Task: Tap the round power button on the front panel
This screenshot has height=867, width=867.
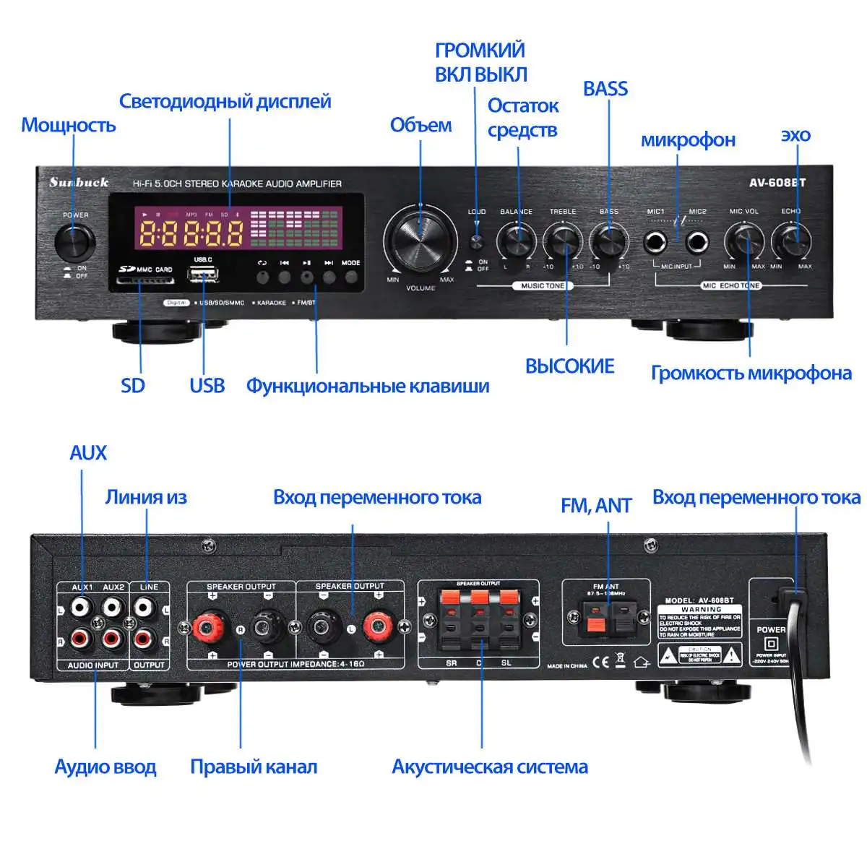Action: point(75,241)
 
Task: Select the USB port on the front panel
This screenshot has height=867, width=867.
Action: point(203,275)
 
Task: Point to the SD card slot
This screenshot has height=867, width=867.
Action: point(145,279)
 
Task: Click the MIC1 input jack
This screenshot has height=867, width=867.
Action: point(656,242)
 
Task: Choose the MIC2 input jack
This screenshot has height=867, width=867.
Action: point(696,242)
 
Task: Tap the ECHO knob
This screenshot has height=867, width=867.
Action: point(791,240)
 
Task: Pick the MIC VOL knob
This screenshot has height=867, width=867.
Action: point(744,240)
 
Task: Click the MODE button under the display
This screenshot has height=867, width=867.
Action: point(351,276)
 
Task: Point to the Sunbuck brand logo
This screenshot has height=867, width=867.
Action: point(79,182)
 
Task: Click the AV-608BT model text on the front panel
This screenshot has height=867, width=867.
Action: point(777,183)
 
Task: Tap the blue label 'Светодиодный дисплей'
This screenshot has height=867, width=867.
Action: point(225,101)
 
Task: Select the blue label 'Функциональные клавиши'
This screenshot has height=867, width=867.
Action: point(368,386)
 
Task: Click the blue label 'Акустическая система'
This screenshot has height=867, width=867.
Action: point(489,767)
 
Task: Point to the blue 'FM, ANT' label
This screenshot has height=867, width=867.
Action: point(596,506)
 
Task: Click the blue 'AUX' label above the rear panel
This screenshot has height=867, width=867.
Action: point(88,453)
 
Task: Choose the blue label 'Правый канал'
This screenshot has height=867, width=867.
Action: point(254,767)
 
